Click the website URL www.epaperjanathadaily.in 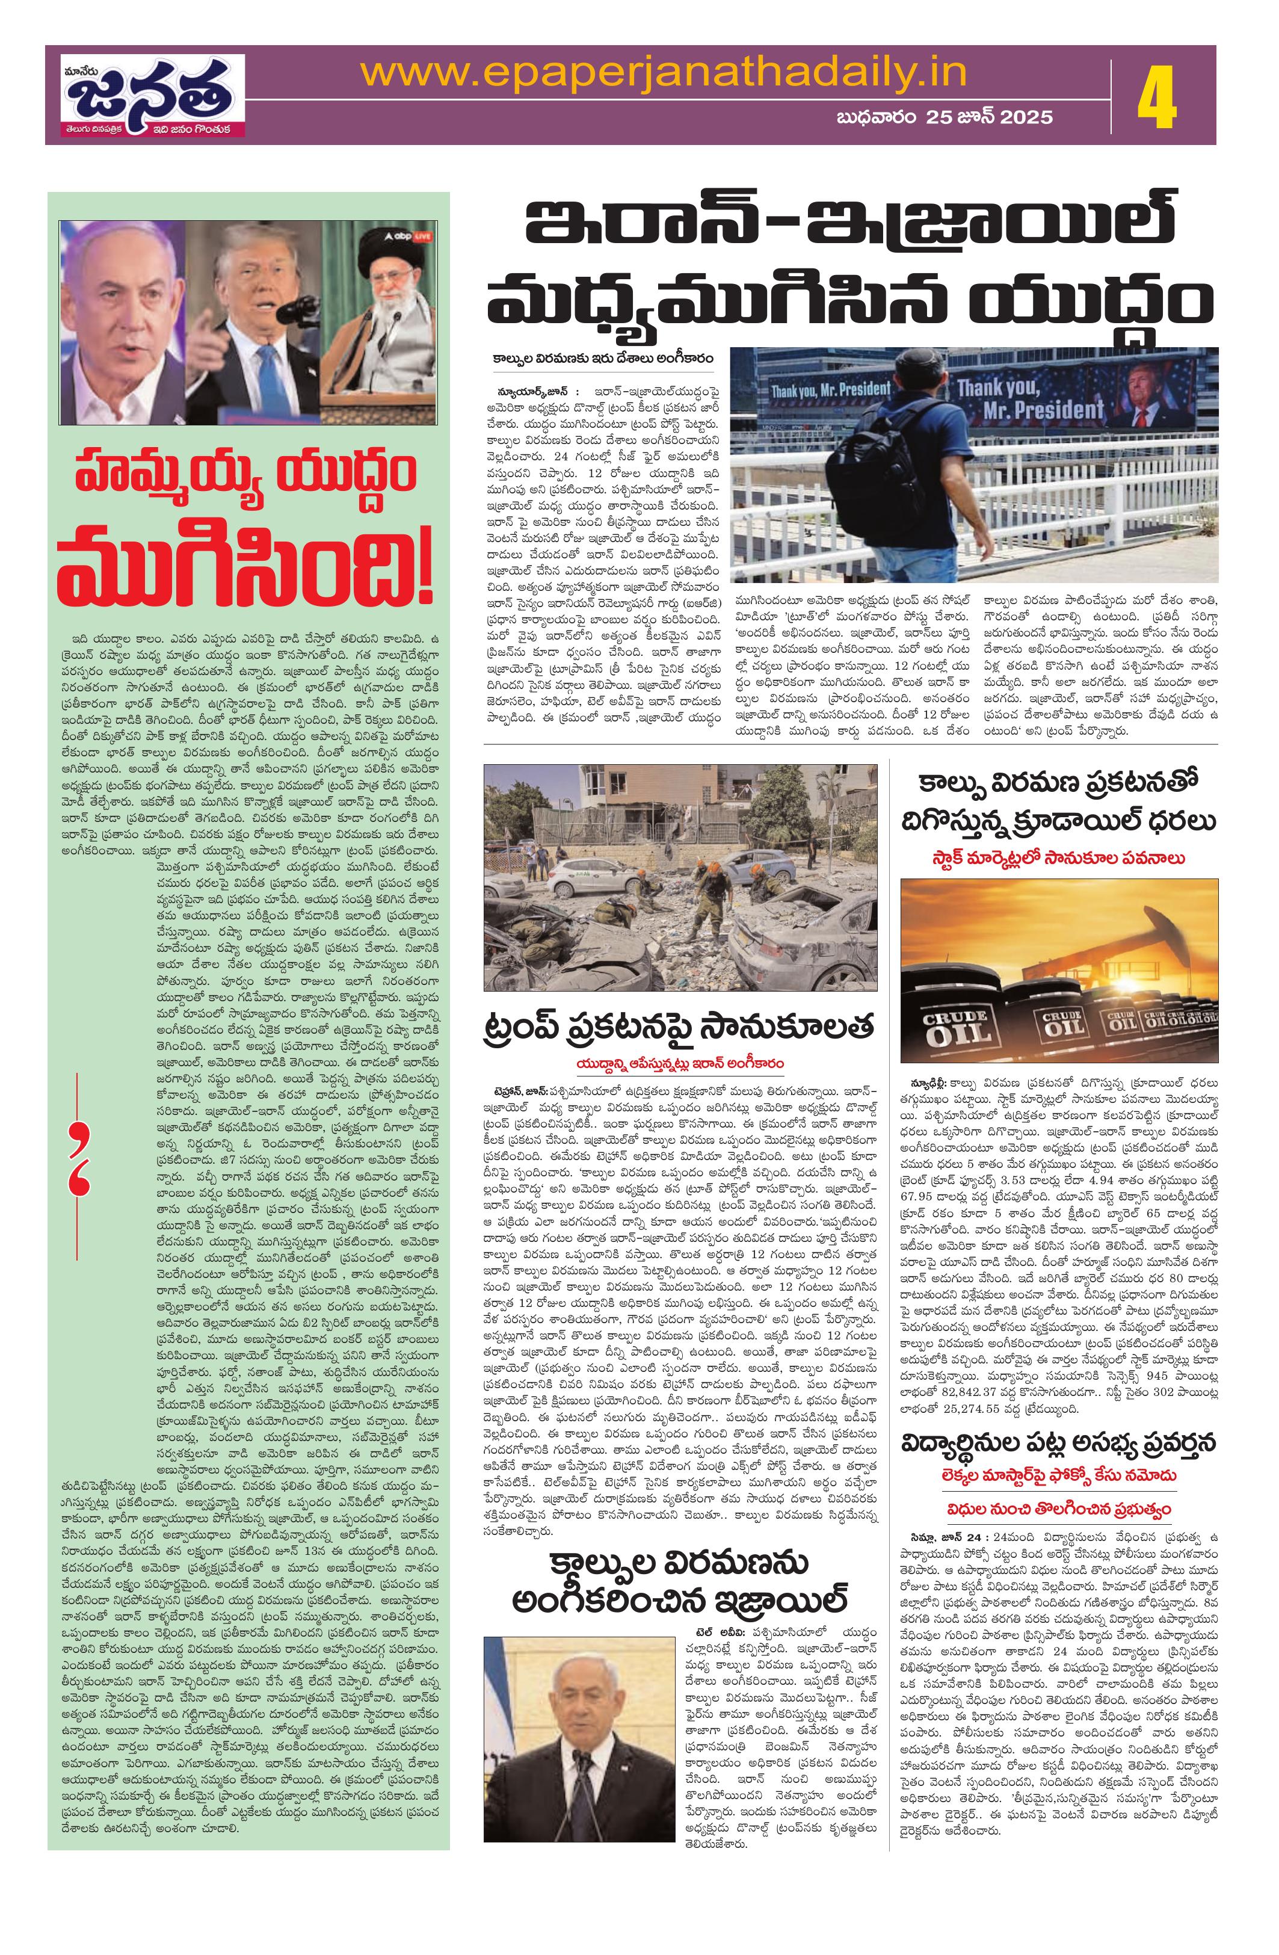click(664, 74)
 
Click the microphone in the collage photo click(288, 312)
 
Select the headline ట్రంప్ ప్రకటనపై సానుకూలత click(677, 1028)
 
